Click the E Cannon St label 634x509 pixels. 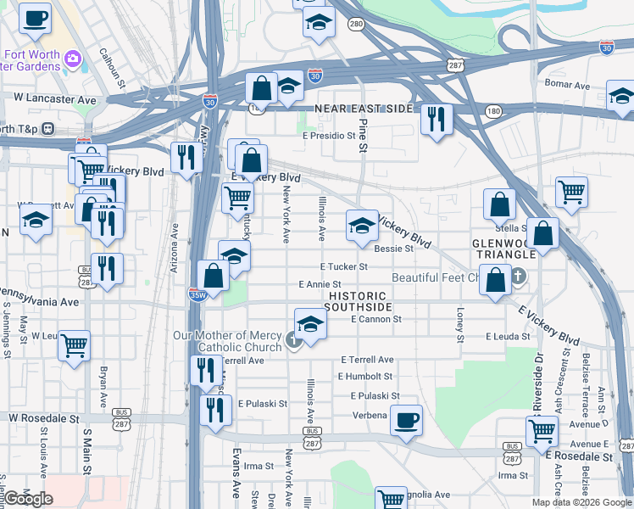pyautogui.click(x=375, y=319)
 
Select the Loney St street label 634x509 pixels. pyautogui.click(x=461, y=325)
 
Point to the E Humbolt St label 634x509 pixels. pyautogui.click(x=365, y=376)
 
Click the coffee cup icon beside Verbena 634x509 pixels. pyautogui.click(x=407, y=418)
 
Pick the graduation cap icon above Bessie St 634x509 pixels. pyautogui.click(x=362, y=226)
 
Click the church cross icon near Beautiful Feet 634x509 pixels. pyautogui.click(x=520, y=277)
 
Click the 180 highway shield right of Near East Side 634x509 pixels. pyautogui.click(x=493, y=111)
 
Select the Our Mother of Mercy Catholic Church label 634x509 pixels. pyautogui.click(x=227, y=342)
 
